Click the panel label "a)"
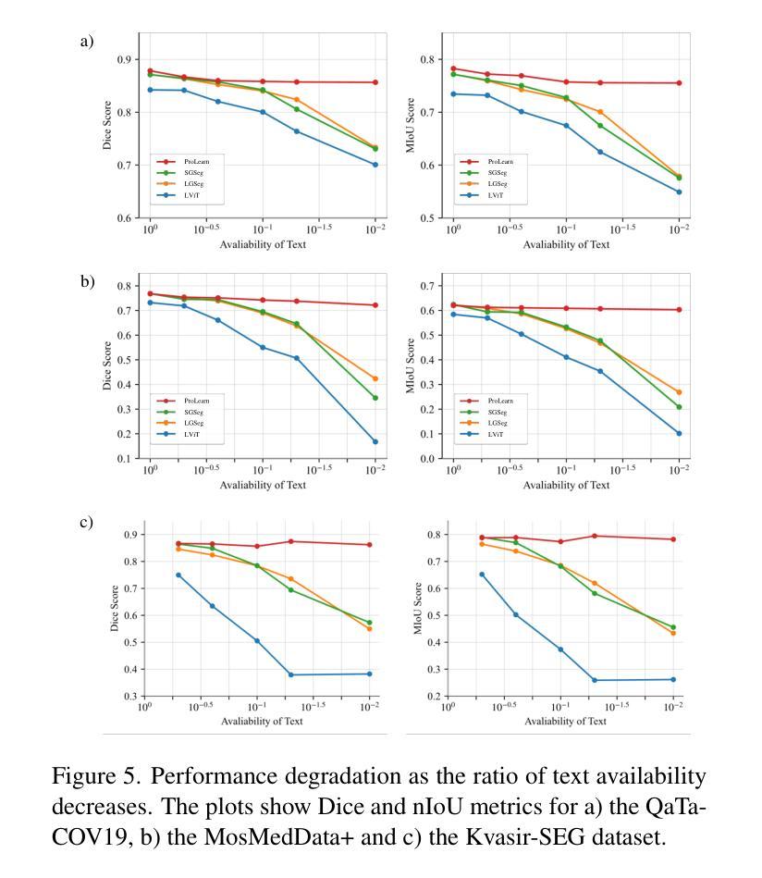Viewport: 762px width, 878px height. click(x=86, y=42)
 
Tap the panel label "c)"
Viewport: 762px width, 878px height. click(x=86, y=522)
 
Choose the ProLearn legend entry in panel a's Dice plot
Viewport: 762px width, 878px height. click(x=183, y=162)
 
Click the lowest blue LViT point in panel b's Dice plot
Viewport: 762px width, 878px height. click(x=375, y=442)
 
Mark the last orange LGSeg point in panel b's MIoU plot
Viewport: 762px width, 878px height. click(x=679, y=392)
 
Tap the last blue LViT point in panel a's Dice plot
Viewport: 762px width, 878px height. click(x=375, y=165)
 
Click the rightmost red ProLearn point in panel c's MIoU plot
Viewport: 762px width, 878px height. click(x=673, y=539)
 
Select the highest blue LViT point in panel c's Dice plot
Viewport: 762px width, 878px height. click(x=178, y=575)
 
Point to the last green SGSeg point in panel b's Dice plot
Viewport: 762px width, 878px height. click(x=375, y=398)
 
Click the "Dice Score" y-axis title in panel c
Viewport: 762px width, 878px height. click(x=115, y=608)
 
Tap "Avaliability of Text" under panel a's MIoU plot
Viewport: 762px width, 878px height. click(x=566, y=244)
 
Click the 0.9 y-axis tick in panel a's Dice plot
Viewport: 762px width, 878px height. click(x=125, y=60)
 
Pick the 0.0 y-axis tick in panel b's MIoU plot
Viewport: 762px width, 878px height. click(x=428, y=459)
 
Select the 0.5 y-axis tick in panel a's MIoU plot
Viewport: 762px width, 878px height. click(x=428, y=218)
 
